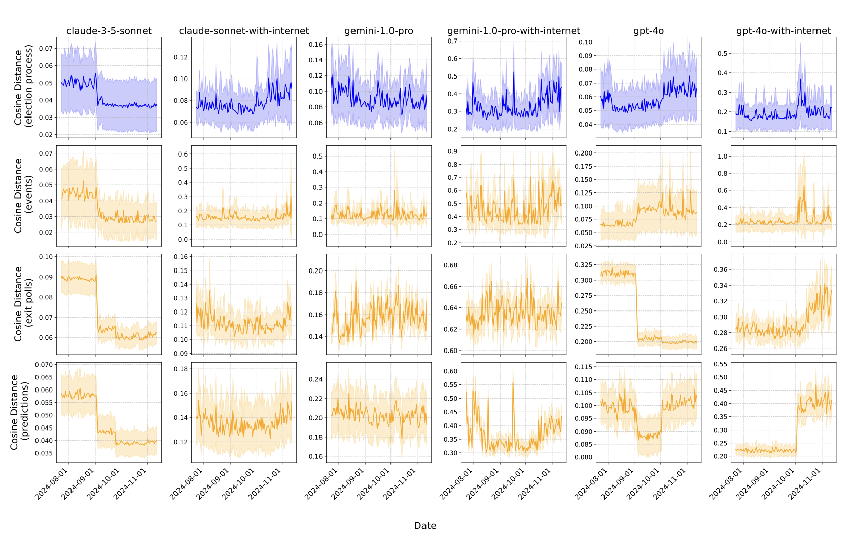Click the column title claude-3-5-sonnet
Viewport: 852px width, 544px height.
coord(109,31)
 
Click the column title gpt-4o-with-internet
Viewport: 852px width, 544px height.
coord(783,31)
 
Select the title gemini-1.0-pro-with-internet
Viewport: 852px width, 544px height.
coord(513,31)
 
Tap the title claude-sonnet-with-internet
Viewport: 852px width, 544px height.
coord(243,31)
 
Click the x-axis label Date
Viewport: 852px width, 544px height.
coord(425,525)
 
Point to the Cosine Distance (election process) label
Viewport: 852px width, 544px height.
coord(23,87)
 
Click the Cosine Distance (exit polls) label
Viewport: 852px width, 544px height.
coord(23,304)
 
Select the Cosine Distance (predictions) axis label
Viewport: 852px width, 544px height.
coord(19,412)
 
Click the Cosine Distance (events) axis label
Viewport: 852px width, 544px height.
coord(23,196)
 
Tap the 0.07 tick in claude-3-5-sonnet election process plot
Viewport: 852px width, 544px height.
coord(46,49)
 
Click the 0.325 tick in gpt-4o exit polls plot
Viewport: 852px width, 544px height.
coord(583,265)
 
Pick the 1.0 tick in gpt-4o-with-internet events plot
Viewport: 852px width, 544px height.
coord(722,156)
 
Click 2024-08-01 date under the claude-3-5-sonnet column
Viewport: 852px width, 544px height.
coord(52,484)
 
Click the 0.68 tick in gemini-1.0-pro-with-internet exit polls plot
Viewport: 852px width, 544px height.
coord(450,265)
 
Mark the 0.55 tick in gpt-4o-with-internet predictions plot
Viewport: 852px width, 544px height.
coord(720,364)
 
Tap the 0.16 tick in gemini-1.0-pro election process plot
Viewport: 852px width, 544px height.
coord(315,45)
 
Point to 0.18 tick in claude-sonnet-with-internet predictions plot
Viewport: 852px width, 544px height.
coord(181,369)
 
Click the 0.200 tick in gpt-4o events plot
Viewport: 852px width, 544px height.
coord(583,153)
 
